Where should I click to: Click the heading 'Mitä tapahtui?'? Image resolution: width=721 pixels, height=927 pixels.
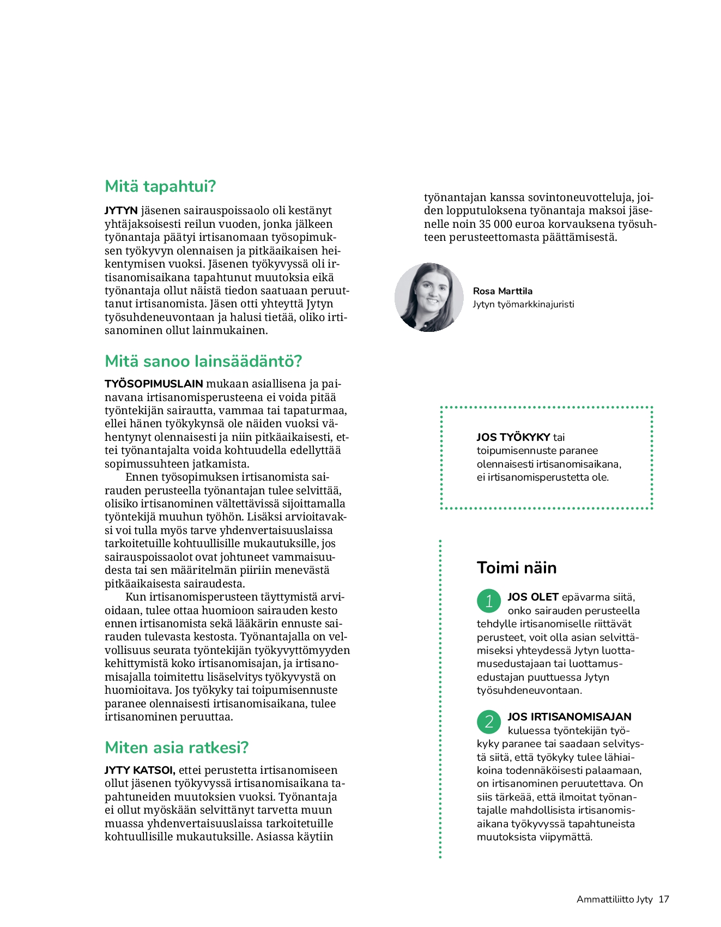coord(160,186)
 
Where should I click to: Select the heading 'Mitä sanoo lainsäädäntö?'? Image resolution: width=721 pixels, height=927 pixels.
coord(203,361)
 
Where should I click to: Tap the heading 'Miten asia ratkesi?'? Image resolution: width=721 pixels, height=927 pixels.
coord(177,747)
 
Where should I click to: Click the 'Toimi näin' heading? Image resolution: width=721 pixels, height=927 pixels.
coord(517,568)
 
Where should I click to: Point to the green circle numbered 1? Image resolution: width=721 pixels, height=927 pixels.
coord(489,601)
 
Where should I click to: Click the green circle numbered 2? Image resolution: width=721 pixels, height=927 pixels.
coord(489,721)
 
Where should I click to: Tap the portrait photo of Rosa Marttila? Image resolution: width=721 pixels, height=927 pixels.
coord(429,298)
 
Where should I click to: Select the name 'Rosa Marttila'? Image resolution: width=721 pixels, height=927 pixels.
coord(502,291)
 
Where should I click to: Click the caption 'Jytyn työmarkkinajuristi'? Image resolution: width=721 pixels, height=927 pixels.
coord(523,304)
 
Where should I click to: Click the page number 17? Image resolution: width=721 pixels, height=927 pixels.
coord(663,899)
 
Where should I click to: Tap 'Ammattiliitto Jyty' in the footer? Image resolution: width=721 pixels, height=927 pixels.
coord(614,899)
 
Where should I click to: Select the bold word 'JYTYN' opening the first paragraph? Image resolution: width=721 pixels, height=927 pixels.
coord(121,210)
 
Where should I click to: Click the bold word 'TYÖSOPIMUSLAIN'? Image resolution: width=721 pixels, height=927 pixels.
coord(154,384)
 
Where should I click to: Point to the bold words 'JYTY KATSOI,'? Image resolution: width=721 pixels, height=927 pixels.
coord(140,770)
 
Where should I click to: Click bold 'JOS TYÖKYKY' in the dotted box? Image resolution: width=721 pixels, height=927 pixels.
coord(513,437)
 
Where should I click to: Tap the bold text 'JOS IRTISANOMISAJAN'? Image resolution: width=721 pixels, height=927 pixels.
coord(569,717)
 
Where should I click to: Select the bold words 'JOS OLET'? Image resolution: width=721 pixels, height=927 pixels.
coord(532,597)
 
